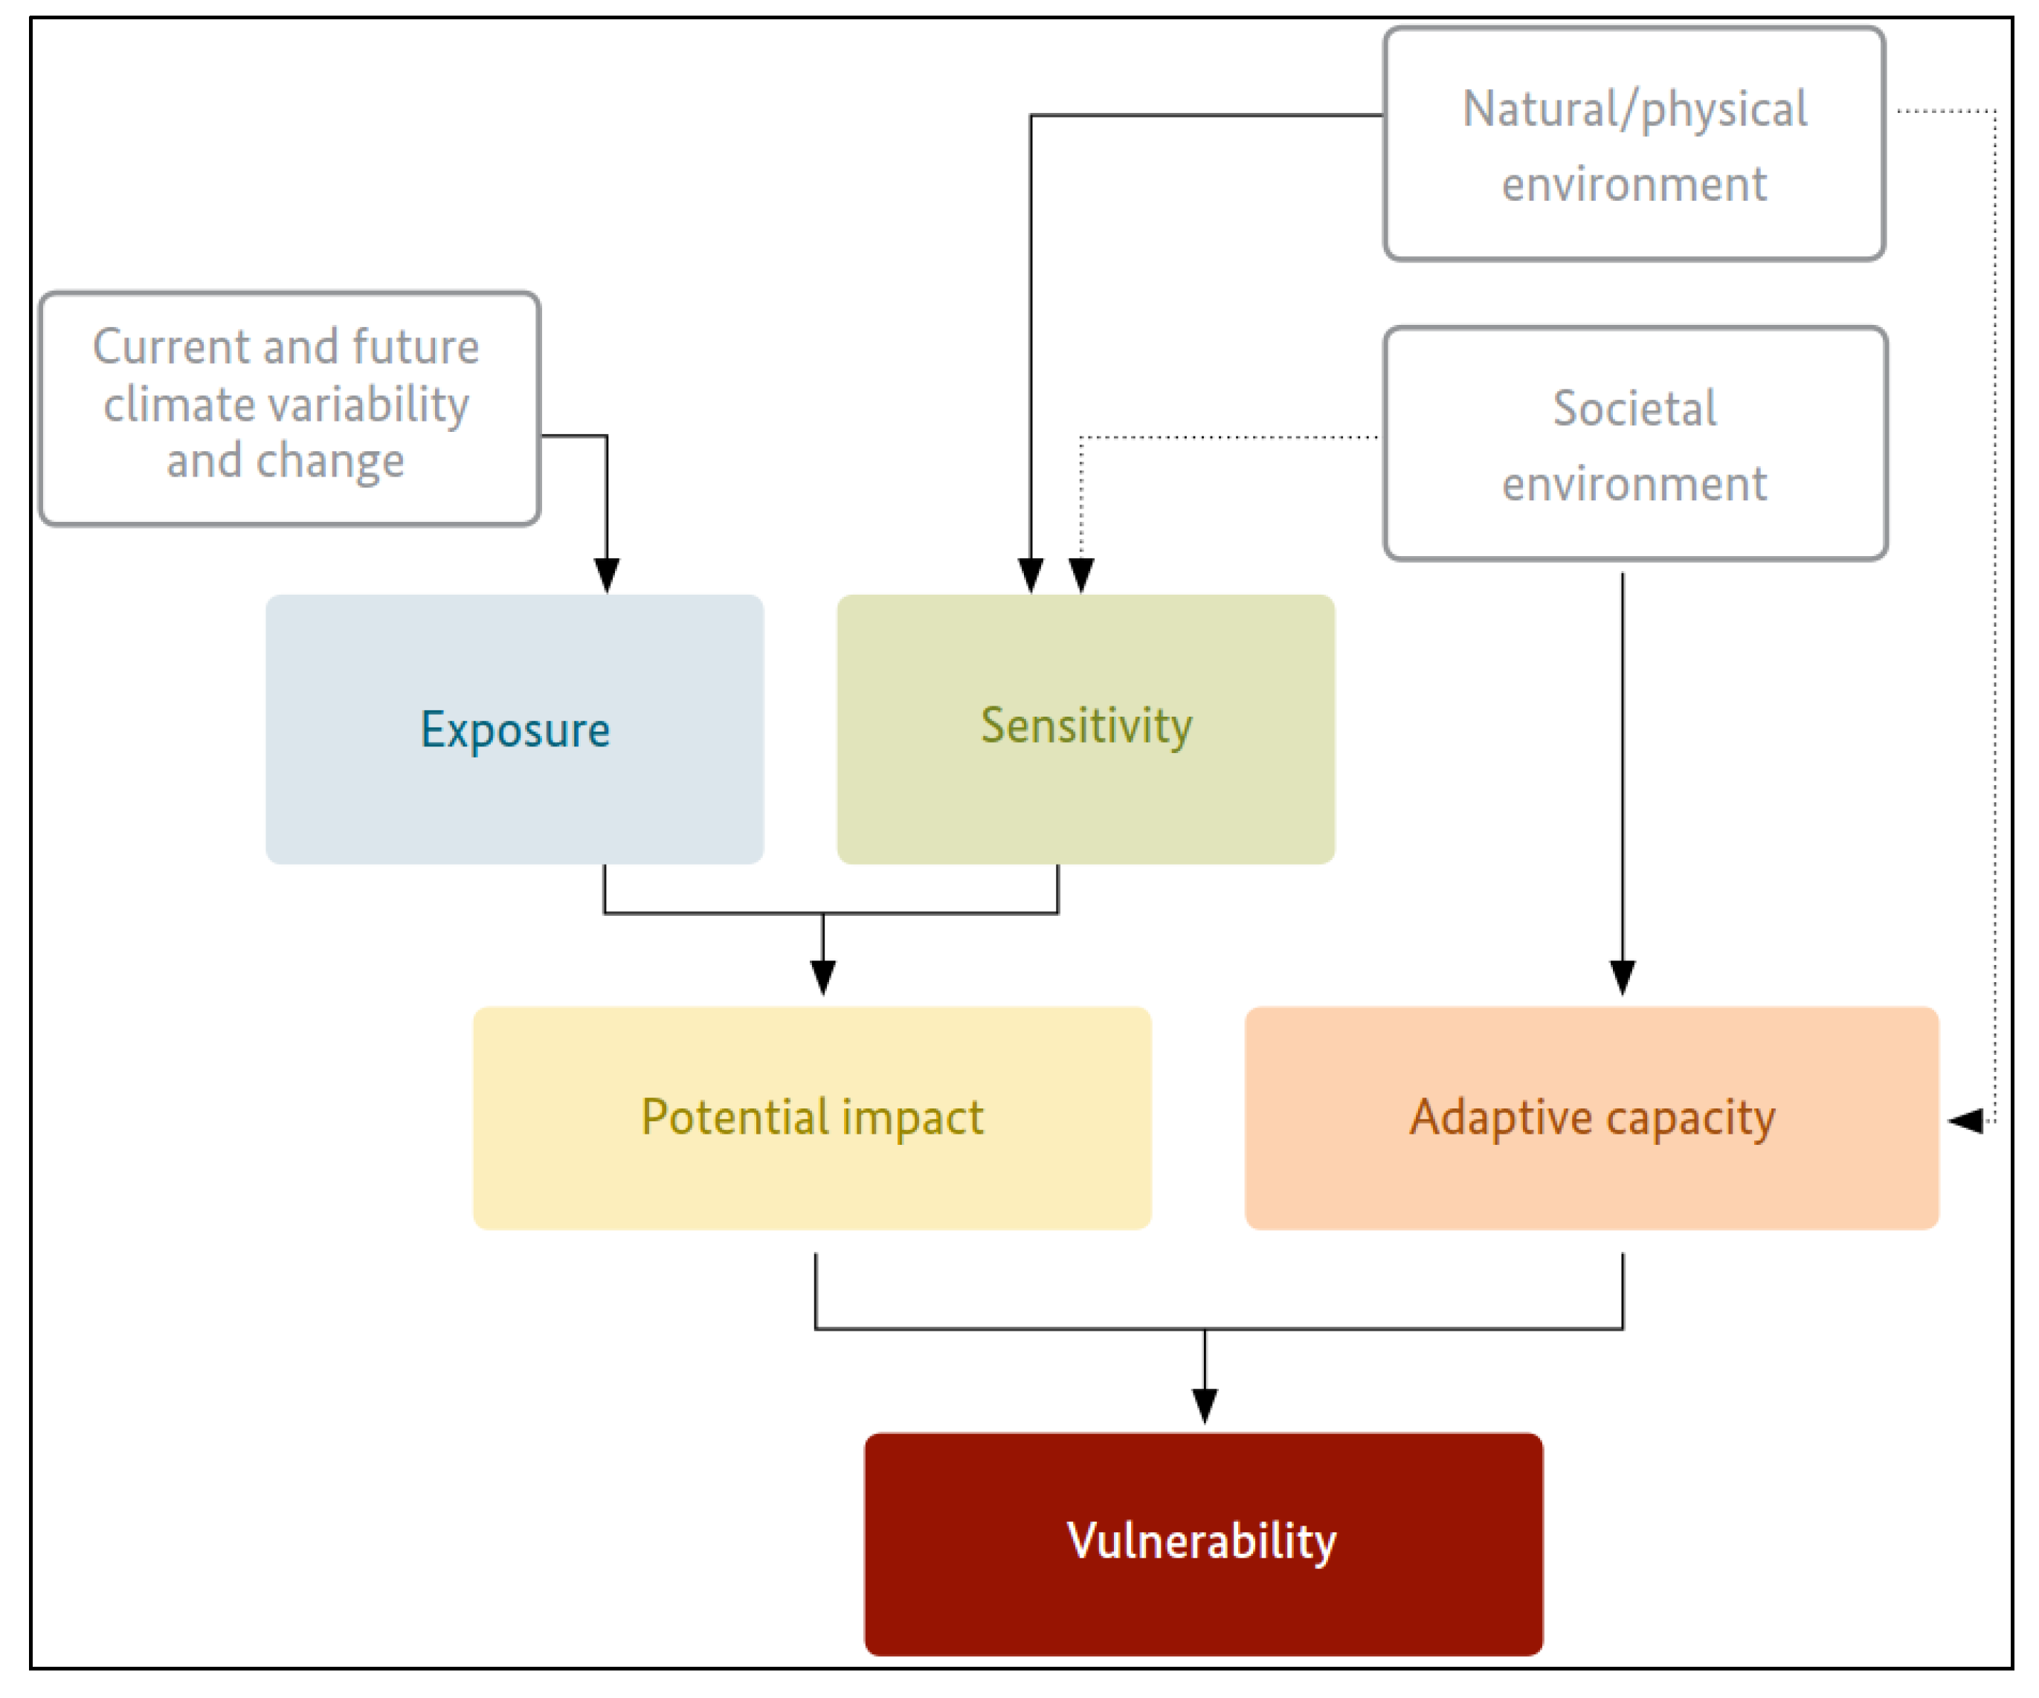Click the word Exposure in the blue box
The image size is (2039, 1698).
515,730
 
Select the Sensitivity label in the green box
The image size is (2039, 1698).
1086,726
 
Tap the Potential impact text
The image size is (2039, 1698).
812,1117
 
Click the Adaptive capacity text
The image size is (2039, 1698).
1592,1117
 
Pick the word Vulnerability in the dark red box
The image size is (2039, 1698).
1202,1540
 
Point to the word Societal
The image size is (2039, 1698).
1634,407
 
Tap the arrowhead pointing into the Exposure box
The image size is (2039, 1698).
607,575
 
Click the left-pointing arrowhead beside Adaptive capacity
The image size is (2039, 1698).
1965,1120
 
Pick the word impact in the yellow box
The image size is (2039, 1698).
912,1117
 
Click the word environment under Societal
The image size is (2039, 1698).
1634,483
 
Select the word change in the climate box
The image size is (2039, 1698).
330,461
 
